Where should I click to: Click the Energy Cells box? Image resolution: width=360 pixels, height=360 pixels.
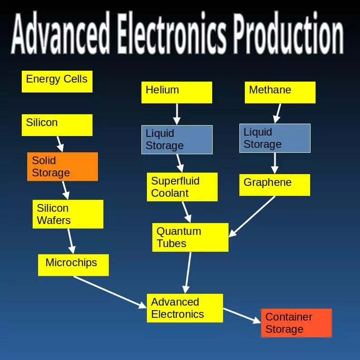pyautogui.click(x=57, y=82)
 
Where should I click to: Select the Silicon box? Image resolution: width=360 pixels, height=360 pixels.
pyautogui.click(x=57, y=125)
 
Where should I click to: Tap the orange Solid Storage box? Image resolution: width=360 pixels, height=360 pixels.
pyautogui.click(x=63, y=166)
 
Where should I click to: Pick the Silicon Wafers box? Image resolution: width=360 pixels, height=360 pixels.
pyautogui.click(x=68, y=214)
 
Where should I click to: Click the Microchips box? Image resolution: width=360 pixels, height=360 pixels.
pyautogui.click(x=73, y=265)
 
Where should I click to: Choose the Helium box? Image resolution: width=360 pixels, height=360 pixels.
pyautogui.click(x=177, y=92)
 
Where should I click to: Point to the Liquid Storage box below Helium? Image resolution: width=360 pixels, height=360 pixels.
pyautogui.click(x=177, y=140)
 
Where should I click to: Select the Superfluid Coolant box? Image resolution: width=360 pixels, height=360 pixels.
pyautogui.click(x=182, y=187)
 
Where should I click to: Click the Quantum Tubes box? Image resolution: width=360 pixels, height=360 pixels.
pyautogui.click(x=190, y=237)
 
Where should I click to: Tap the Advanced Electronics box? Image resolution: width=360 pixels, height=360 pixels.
pyautogui.click(x=185, y=308)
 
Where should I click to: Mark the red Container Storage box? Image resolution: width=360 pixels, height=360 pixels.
pyautogui.click(x=297, y=323)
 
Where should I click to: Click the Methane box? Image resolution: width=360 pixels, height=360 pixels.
pyautogui.click(x=280, y=92)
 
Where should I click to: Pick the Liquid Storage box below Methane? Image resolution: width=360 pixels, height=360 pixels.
pyautogui.click(x=275, y=138)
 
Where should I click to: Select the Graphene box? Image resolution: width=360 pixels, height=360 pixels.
pyautogui.click(x=275, y=185)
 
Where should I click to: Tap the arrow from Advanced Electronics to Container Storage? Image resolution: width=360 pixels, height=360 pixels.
pyautogui.click(x=242, y=316)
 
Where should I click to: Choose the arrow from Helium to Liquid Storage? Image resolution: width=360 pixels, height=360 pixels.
pyautogui.click(x=177, y=114)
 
